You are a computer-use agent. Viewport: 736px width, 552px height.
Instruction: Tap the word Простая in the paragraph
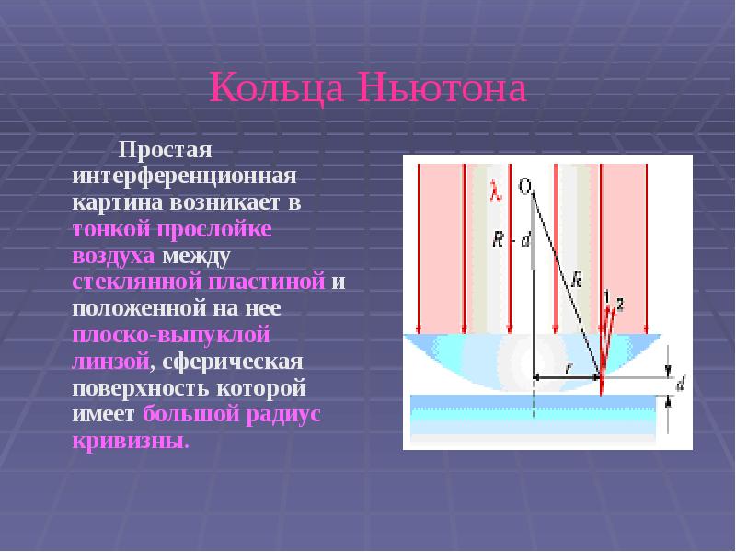[x=164, y=149]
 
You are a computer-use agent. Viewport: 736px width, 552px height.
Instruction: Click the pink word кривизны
[x=130, y=441]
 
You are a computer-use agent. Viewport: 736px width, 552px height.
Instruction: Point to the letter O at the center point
[x=525, y=187]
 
